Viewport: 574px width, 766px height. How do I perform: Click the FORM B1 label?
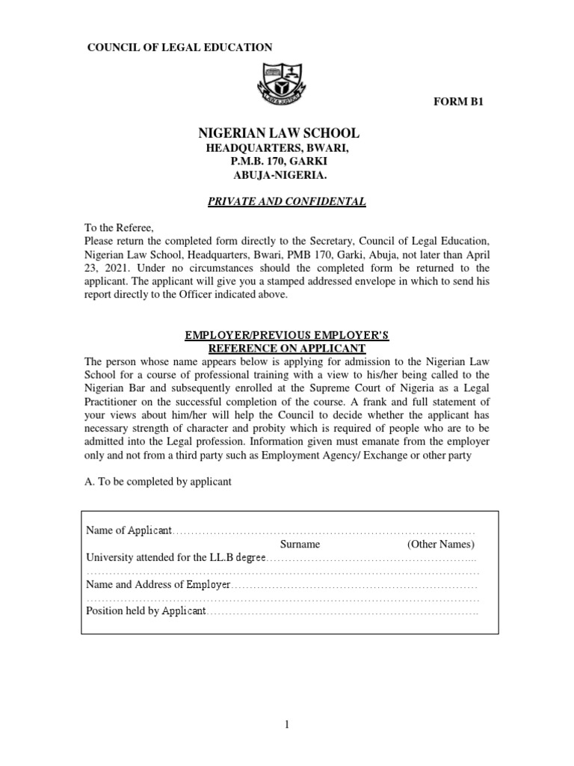pyautogui.click(x=460, y=102)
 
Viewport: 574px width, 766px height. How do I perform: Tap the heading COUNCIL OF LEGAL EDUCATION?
pyautogui.click(x=180, y=47)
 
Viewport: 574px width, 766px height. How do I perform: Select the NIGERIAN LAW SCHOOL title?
pyautogui.click(x=278, y=133)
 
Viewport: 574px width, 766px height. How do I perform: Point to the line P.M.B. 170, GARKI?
pyautogui.click(x=278, y=162)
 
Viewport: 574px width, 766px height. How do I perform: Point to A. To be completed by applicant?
pyautogui.click(x=158, y=482)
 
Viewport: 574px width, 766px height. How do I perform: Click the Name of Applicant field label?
pyautogui.click(x=129, y=530)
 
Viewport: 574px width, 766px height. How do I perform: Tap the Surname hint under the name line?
pyautogui.click(x=300, y=544)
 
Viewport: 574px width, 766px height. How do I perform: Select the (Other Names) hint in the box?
pyautogui.click(x=441, y=544)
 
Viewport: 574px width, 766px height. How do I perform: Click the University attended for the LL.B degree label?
pyautogui.click(x=176, y=557)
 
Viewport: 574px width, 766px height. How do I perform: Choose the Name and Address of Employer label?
pyautogui.click(x=159, y=584)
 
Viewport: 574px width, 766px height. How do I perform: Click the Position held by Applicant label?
pyautogui.click(x=146, y=611)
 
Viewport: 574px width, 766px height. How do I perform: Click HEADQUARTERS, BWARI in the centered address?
pyautogui.click(x=278, y=149)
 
